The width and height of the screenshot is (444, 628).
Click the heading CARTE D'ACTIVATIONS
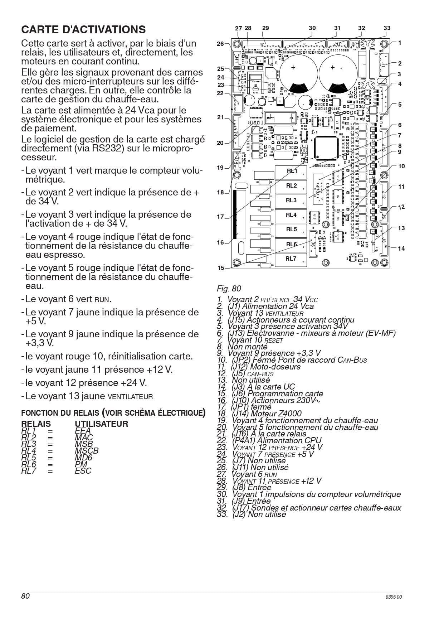tap(83, 29)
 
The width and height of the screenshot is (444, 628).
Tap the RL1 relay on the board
tap(291, 172)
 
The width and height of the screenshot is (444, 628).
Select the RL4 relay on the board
tap(291, 216)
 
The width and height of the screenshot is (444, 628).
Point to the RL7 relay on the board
tap(291, 260)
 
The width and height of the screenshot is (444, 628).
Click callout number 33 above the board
tap(387, 28)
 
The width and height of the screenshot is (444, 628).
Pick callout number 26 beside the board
tap(220, 44)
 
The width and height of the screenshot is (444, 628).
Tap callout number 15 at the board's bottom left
tap(221, 268)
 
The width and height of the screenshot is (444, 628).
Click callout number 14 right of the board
tap(401, 248)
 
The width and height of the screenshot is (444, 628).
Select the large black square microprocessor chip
tap(326, 147)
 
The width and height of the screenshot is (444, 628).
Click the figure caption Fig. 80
tap(229, 289)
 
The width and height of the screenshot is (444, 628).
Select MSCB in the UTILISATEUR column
tap(87, 451)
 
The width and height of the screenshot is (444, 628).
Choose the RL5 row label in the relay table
tap(29, 458)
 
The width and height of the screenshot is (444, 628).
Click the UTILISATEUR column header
tap(101, 424)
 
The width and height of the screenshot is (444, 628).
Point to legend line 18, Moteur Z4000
tap(259, 414)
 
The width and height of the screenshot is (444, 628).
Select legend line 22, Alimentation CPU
tap(269, 441)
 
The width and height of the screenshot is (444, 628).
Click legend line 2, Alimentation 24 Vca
tap(265, 306)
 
